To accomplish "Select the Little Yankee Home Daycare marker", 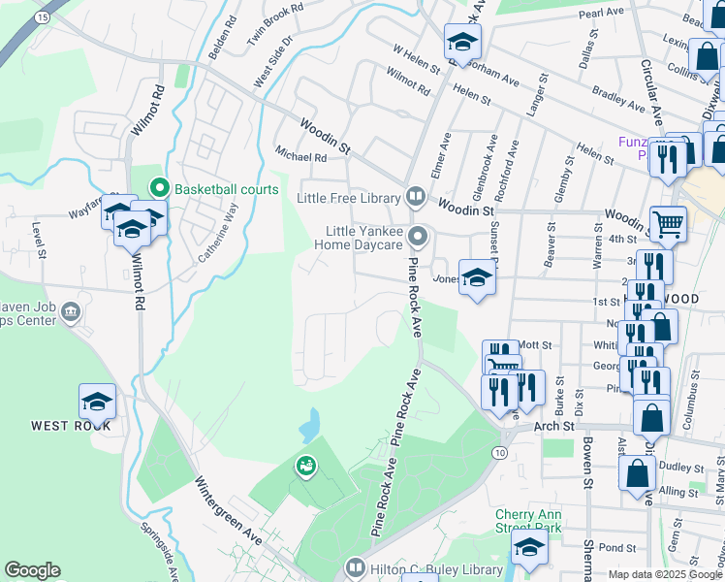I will (419, 237).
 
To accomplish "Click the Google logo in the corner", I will (32, 570).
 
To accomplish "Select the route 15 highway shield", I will (42, 17).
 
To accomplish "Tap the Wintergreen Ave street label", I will (227, 508).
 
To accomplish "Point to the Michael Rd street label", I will (301, 156).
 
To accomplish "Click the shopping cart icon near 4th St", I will (668, 223).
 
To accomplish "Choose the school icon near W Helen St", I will (463, 42).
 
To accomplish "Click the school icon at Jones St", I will (476, 278).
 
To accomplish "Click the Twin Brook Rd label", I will (275, 18).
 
